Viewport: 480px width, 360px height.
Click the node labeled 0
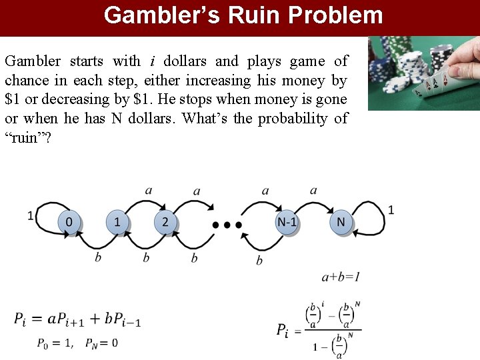pos(69,222)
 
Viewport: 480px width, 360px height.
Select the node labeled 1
pos(117,222)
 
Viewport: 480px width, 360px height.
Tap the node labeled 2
pos(165,222)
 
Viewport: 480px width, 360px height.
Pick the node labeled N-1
pos(287,222)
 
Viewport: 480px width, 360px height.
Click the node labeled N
pos(341,222)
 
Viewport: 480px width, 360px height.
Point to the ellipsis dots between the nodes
pos(227,225)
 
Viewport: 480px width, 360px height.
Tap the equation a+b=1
pos(341,277)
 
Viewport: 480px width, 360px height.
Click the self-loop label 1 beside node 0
pos(30,215)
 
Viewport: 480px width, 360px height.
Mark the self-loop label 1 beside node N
pos(391,210)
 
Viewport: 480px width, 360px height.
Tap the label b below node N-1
pos(259,261)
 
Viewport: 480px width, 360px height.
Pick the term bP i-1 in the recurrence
pos(123,319)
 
